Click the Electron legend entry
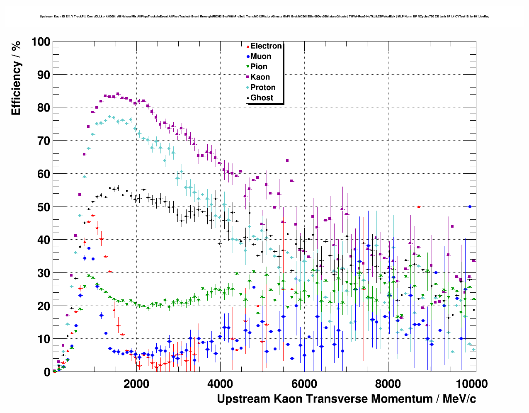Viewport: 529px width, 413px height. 266,46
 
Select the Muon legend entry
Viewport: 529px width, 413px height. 260,56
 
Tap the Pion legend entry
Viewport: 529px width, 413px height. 259,67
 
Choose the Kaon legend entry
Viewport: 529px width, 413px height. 260,77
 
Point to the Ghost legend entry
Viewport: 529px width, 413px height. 262,98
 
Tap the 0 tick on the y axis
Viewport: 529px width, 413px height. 47,372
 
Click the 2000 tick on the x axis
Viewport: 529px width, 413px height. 136,384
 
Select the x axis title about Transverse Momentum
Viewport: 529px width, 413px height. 346,399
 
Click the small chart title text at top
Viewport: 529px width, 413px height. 264,17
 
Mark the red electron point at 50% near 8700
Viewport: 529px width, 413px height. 419,206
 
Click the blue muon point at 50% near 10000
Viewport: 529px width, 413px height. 470,206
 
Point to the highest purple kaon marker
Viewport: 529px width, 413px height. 118,94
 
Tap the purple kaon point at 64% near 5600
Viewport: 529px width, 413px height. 287,160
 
